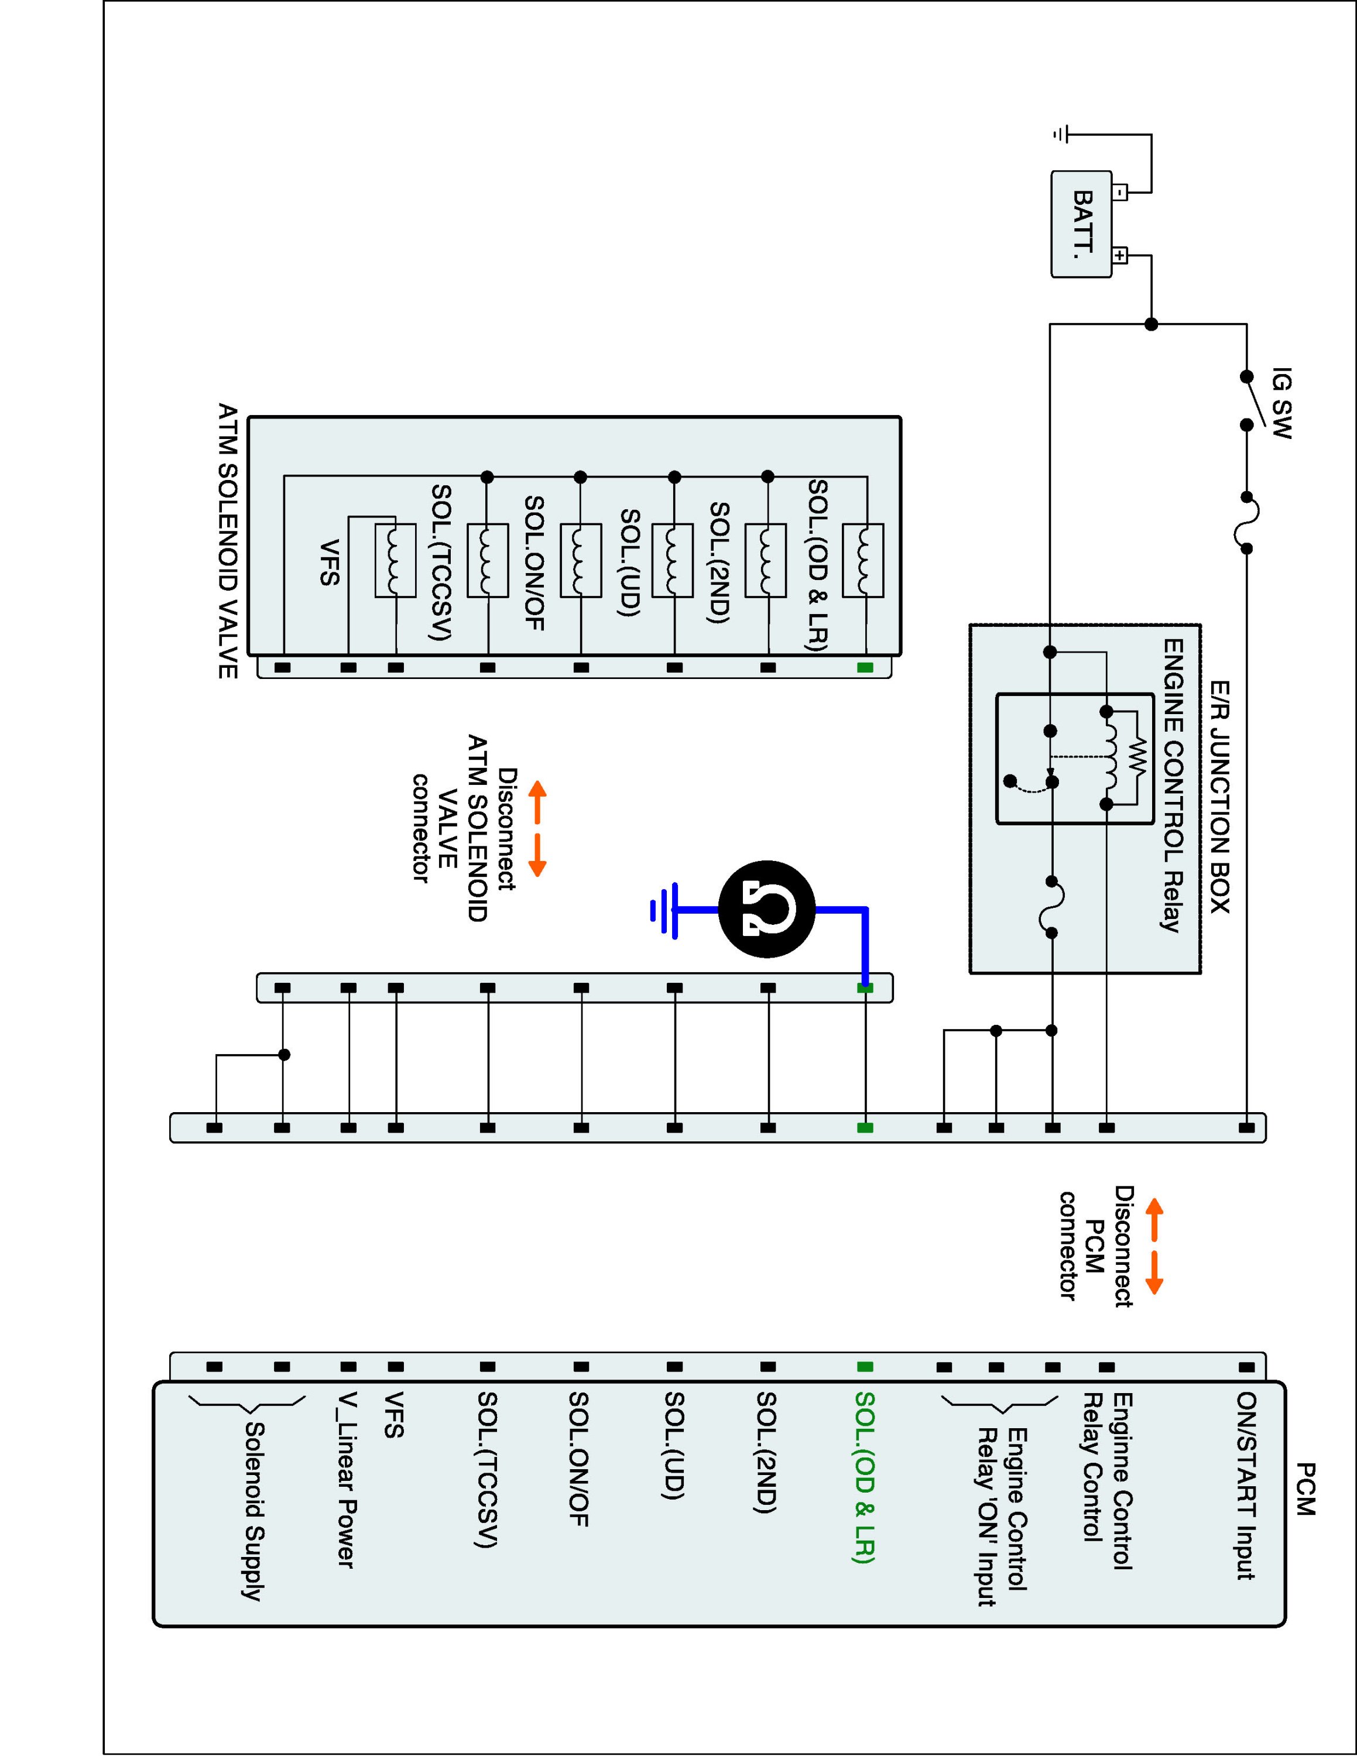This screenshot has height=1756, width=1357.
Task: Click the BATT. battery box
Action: (1081, 224)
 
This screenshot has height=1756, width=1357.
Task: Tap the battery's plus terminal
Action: (1119, 256)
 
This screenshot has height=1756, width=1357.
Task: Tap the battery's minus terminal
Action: (1119, 192)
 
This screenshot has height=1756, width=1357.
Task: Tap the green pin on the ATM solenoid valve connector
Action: (865, 667)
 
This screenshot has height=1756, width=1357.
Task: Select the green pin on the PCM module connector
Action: (865, 1366)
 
